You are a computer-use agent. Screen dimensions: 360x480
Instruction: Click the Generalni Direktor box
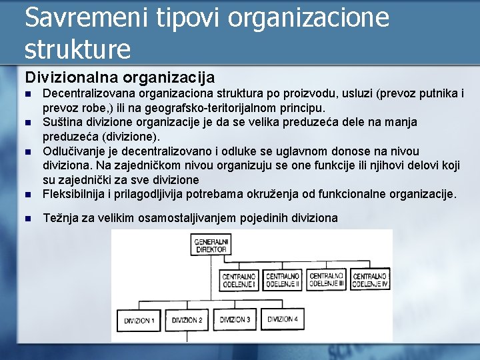pyautogui.click(x=211, y=245)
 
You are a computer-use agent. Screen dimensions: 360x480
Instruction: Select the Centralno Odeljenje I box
pyautogui.click(x=239, y=280)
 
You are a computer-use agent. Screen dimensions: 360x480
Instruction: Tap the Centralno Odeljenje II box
pyautogui.click(x=283, y=280)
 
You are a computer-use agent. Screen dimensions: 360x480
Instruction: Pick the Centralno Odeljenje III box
pyautogui.click(x=327, y=280)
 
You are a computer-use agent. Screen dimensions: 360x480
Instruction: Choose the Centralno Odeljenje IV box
pyautogui.click(x=370, y=280)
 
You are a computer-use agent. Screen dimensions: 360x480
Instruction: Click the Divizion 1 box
pyautogui.click(x=139, y=321)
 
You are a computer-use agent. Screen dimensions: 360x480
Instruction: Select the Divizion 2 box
pyautogui.click(x=187, y=321)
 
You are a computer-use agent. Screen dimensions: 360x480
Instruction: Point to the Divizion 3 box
pyautogui.click(x=235, y=320)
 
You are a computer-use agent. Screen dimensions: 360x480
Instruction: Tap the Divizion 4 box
pyautogui.click(x=283, y=319)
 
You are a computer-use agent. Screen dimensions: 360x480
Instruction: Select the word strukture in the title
pyautogui.click(x=77, y=48)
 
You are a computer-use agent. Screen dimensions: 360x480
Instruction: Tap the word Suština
pyautogui.click(x=63, y=121)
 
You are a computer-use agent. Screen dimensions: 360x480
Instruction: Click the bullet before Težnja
pyautogui.click(x=27, y=218)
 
